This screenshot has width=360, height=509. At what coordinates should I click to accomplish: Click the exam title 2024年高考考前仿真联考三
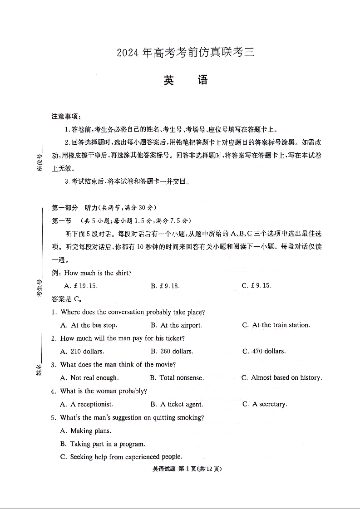(186, 53)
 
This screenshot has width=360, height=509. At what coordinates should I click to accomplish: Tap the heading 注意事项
(66, 117)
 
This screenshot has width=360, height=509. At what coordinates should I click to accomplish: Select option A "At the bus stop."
(89, 325)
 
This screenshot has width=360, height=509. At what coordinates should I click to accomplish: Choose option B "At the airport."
(177, 325)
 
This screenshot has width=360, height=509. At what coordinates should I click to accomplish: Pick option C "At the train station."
(276, 325)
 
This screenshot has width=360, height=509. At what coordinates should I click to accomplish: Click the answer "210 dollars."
(82, 352)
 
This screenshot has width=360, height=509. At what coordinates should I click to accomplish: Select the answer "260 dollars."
(172, 352)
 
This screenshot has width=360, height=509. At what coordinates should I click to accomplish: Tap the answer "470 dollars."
(264, 352)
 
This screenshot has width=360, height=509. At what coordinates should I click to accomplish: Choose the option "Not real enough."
(89, 378)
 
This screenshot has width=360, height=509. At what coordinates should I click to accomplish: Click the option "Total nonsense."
(177, 378)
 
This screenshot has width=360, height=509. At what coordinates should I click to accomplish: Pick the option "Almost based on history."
(281, 378)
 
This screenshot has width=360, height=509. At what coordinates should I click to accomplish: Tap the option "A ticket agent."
(177, 404)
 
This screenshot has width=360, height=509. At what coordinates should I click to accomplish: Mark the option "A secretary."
(265, 404)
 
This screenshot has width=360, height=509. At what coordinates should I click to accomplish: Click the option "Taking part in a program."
(103, 444)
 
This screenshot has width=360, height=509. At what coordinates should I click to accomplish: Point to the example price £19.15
(82, 286)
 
